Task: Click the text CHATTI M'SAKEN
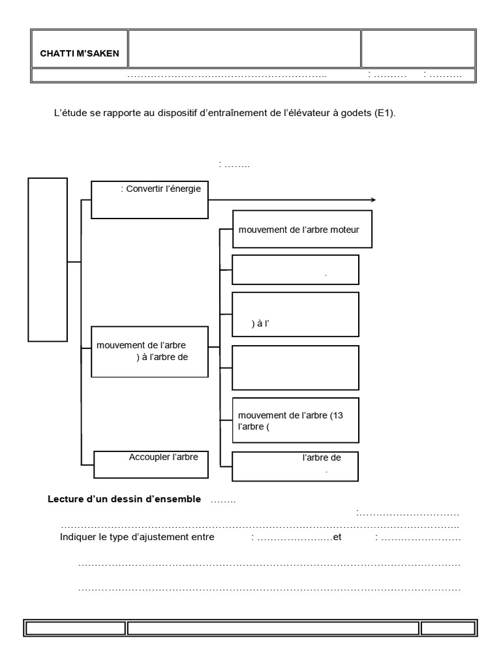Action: tap(80, 53)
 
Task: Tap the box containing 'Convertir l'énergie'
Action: tap(149, 200)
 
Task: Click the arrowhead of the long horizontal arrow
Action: tap(373, 200)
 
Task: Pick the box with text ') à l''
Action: tap(296, 313)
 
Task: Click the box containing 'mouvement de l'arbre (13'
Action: tap(296, 419)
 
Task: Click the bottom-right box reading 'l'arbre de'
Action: tap(296, 464)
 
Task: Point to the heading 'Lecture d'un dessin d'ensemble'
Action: tap(125, 500)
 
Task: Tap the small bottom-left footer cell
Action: tap(74, 628)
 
